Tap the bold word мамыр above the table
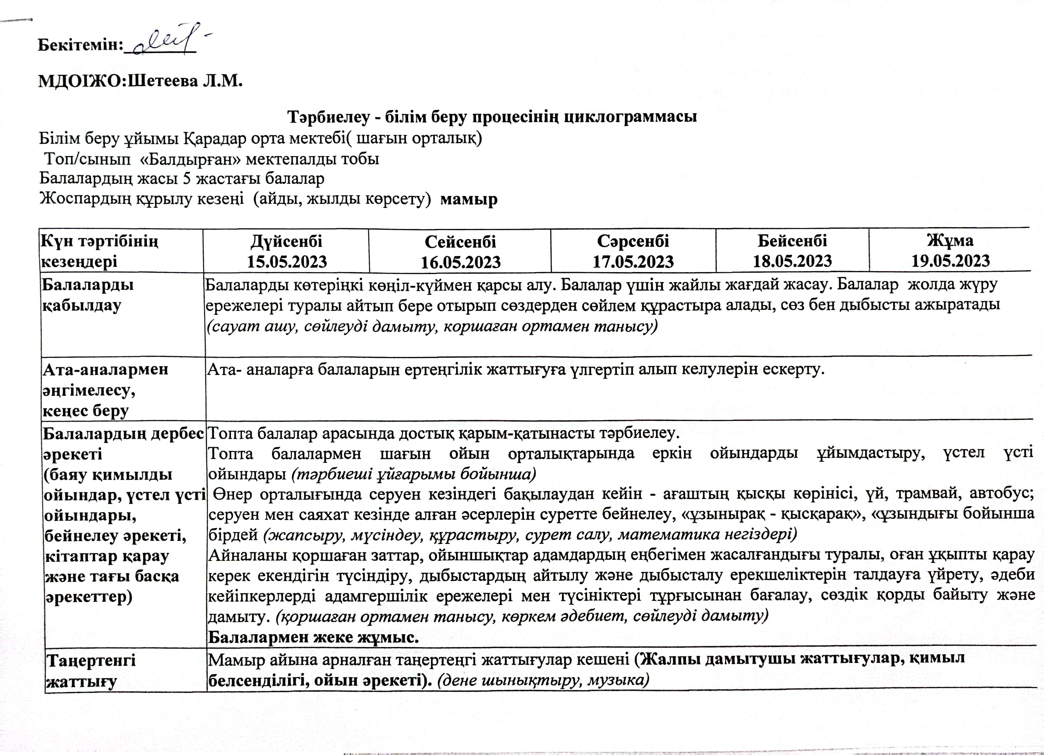click(468, 199)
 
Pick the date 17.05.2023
click(633, 262)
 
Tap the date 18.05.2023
click(792, 261)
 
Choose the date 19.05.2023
click(950, 261)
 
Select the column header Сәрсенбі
click(633, 241)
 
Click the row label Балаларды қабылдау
click(88, 294)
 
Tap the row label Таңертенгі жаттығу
click(91, 670)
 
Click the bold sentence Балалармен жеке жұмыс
click(314, 637)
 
